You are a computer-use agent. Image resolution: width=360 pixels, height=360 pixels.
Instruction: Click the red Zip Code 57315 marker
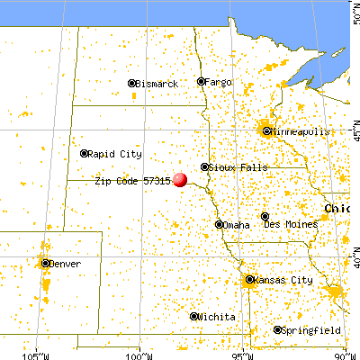click(x=181, y=179)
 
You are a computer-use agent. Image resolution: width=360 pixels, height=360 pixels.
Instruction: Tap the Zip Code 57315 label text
click(x=132, y=180)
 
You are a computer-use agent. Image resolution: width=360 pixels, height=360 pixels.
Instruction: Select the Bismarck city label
click(x=157, y=84)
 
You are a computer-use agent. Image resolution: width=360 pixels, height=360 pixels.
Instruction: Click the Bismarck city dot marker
click(x=132, y=84)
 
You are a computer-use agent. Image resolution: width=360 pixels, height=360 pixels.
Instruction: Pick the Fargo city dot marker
click(x=202, y=82)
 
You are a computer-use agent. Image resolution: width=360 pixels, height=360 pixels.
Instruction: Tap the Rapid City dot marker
click(x=85, y=153)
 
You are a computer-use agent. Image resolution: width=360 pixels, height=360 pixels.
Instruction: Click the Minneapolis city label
click(x=300, y=130)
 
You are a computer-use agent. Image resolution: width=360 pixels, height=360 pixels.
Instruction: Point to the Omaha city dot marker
click(x=220, y=224)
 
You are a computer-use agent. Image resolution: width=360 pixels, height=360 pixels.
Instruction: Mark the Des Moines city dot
click(x=265, y=216)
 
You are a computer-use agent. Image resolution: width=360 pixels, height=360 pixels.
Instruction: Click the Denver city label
click(x=66, y=264)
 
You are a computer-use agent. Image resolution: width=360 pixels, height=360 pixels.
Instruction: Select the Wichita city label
click(x=219, y=317)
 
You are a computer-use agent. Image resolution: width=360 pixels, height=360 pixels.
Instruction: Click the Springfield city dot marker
click(x=278, y=330)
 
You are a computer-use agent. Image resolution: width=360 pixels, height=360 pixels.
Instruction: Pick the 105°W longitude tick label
click(x=37, y=354)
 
